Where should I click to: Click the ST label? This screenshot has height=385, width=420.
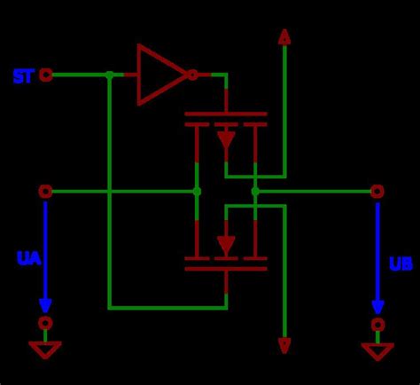tap(23, 76)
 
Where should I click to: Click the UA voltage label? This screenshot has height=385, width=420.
tap(28, 259)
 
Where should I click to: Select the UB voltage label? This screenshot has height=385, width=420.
tap(401, 264)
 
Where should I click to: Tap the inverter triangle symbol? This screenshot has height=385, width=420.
tap(159, 75)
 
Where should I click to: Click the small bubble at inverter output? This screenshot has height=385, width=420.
tap(192, 75)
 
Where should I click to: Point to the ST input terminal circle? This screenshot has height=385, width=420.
tap(46, 75)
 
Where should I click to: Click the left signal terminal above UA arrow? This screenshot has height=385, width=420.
tap(45, 191)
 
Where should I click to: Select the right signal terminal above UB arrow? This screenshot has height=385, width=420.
tap(377, 191)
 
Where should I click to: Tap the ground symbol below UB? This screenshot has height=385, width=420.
tap(377, 350)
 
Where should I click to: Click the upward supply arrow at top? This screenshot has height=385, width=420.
tap(284, 36)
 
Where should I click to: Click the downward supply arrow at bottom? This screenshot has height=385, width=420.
tap(284, 345)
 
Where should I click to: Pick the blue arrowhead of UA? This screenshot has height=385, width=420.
tap(45, 302)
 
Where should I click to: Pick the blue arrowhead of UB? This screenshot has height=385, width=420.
tap(377, 304)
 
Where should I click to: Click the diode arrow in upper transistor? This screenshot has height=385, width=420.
tap(226, 138)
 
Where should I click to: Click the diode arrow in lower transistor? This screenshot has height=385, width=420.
tap(226, 244)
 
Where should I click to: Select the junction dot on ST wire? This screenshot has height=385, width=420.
tap(109, 75)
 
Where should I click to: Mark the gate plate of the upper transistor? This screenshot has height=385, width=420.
tap(226, 114)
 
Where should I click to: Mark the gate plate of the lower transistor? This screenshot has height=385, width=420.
tap(226, 268)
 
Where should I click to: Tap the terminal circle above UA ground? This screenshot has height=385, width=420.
tap(45, 323)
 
